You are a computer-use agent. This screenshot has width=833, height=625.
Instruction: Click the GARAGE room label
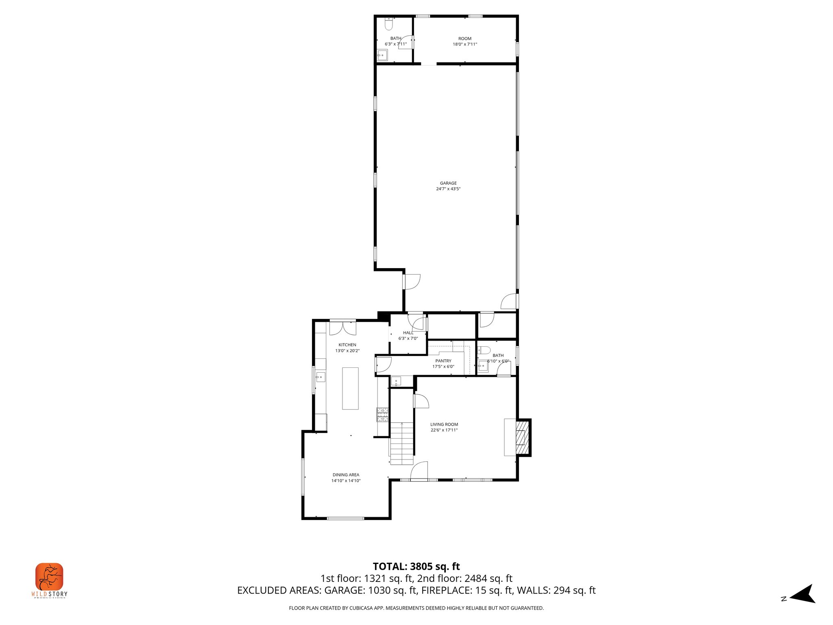448,183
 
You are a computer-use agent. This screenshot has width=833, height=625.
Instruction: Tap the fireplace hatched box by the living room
523,438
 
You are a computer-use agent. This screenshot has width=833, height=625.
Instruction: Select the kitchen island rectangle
350,388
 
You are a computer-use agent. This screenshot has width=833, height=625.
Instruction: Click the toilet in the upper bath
389,25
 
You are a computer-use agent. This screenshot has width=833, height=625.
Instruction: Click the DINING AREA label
346,475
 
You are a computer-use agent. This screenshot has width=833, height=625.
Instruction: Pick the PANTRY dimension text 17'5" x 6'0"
443,367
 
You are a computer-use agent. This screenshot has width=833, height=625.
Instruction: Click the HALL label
408,333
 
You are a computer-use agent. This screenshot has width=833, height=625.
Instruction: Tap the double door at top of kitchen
342,328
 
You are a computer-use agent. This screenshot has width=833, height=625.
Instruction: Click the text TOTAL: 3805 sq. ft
416,566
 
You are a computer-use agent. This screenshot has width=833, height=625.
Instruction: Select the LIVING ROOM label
444,424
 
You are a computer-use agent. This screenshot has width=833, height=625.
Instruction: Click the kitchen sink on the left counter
321,377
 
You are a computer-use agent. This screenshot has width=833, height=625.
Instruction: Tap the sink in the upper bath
382,55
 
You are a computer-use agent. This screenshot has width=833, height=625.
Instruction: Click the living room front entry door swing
419,471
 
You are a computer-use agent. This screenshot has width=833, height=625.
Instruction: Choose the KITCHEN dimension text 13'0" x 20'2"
347,351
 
